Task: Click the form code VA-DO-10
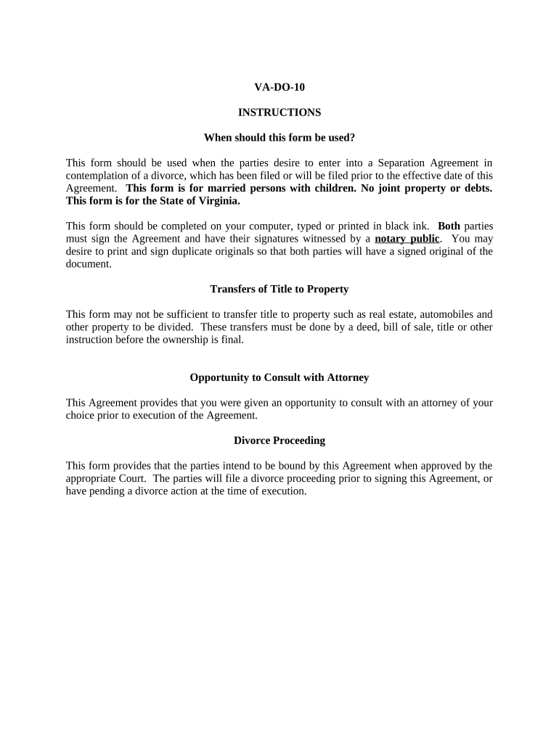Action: [x=279, y=87]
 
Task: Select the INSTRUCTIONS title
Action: [x=279, y=112]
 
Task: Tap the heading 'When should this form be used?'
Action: [x=279, y=137]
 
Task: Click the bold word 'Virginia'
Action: [x=216, y=201]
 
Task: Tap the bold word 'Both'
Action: [x=449, y=226]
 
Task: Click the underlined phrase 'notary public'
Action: [x=407, y=239]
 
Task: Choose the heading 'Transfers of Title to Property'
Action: [x=279, y=289]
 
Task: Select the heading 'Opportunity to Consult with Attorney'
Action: [x=279, y=377]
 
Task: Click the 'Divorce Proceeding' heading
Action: [x=279, y=440]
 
